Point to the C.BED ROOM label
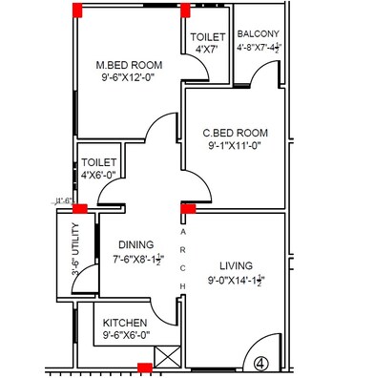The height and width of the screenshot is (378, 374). click(x=235, y=133)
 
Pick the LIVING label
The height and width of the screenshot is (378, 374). click(x=236, y=267)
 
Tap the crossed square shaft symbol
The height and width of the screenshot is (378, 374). click(x=166, y=359)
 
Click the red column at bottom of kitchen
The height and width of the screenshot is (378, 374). click(x=144, y=368)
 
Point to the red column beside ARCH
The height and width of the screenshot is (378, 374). click(x=189, y=207)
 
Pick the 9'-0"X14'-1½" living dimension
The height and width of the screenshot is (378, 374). click(x=236, y=282)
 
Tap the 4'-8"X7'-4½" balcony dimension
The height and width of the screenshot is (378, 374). click(x=259, y=44)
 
